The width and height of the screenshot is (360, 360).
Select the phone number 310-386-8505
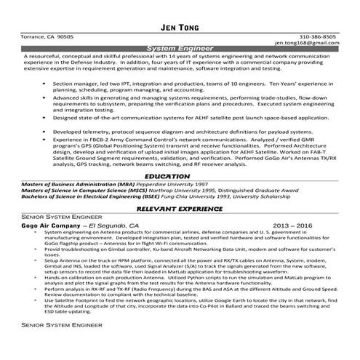click(x=317, y=36)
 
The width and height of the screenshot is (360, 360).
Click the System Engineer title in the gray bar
click(x=180, y=49)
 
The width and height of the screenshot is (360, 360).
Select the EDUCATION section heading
click(x=180, y=176)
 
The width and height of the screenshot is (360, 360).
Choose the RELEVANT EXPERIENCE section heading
click(x=180, y=209)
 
